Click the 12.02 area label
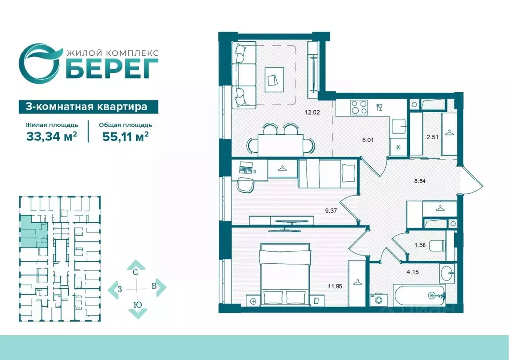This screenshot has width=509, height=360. pyautogui.click(x=312, y=113)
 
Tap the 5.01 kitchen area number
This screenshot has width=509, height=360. pyautogui.click(x=368, y=140)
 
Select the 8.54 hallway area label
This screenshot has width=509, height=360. pyautogui.click(x=420, y=181)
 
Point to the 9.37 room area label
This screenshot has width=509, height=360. pyautogui.click(x=331, y=211)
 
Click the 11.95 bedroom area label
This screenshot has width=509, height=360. pyautogui.click(x=335, y=286)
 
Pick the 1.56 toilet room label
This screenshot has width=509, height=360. pyautogui.click(x=420, y=245)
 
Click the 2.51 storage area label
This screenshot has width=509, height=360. pyautogui.click(x=433, y=137)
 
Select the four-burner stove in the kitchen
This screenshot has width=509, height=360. pyautogui.click(x=360, y=107)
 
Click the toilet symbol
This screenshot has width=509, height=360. pyautogui.click(x=438, y=246)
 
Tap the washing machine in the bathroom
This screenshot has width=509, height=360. pyautogui.click(x=378, y=299)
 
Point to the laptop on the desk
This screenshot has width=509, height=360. pyautogui.click(x=246, y=168)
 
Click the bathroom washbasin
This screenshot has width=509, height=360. pyautogui.click(x=449, y=273)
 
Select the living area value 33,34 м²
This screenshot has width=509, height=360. pyautogui.click(x=52, y=136)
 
